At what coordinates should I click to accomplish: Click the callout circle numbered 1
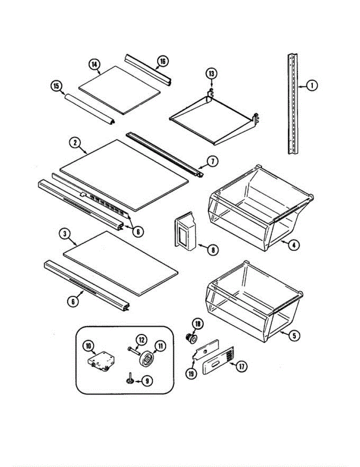(x=311, y=85)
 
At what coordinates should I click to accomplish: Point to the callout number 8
(x=212, y=249)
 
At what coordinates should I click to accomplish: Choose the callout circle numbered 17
(x=242, y=366)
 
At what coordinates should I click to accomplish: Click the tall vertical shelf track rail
(x=293, y=104)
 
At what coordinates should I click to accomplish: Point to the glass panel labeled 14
(x=119, y=90)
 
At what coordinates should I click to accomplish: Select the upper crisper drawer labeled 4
(x=261, y=206)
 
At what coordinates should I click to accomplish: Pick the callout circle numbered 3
(x=65, y=234)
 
